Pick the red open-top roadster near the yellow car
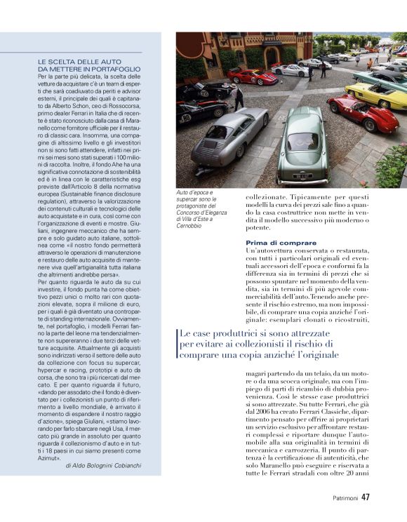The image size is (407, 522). (362, 114)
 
